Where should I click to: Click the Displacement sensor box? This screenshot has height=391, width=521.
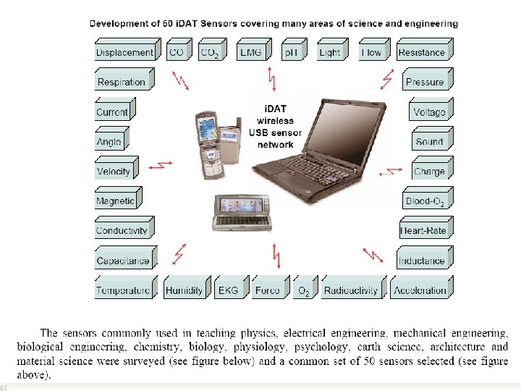[x=125, y=52]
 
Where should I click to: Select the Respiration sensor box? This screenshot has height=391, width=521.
[x=122, y=82]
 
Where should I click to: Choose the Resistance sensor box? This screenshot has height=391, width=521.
[x=421, y=52]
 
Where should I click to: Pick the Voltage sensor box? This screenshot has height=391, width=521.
[x=429, y=112]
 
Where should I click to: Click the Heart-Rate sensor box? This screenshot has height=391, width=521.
[x=423, y=231]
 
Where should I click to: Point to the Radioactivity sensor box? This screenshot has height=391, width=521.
[x=351, y=290]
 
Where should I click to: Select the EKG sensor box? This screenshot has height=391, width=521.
[x=228, y=290]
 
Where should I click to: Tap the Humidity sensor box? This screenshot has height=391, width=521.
[x=184, y=290]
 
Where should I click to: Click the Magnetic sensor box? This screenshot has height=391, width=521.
[x=115, y=201]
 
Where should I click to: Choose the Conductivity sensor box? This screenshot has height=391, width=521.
[x=122, y=231]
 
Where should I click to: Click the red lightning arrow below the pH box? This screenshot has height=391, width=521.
[x=271, y=78]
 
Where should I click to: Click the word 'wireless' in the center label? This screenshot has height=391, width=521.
[x=271, y=122]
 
